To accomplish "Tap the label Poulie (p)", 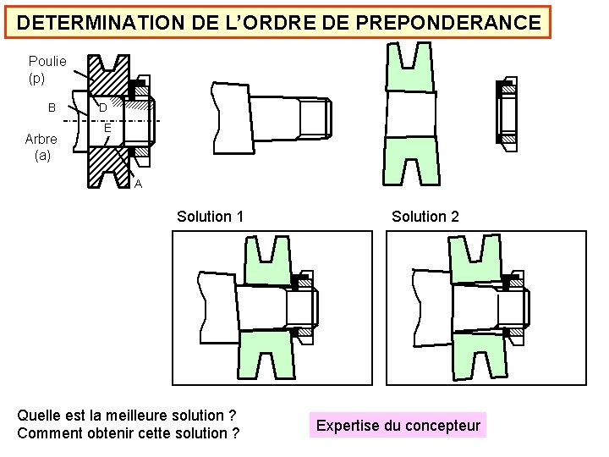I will click(47, 69).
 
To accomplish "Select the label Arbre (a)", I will click(41, 147).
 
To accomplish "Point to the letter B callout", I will click(52, 108).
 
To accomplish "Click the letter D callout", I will click(102, 108).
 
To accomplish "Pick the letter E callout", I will click(107, 129).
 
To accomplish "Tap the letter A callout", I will click(138, 184).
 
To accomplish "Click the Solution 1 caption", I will click(210, 217).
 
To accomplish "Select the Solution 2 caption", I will click(425, 217).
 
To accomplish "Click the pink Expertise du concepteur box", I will click(398, 426).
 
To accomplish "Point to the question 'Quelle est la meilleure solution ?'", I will click(126, 416).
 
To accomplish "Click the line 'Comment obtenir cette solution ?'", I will click(128, 433).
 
